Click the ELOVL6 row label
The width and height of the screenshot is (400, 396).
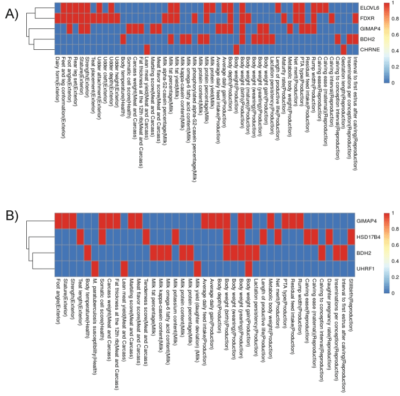368,7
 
